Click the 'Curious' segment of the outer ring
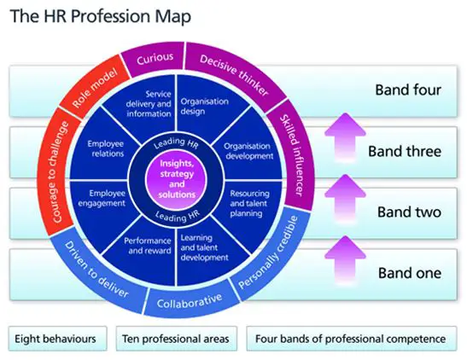(x=155, y=58)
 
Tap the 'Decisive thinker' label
(x=234, y=75)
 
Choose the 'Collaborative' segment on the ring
(x=190, y=300)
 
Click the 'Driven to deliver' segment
(x=96, y=270)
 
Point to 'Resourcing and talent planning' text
(x=249, y=204)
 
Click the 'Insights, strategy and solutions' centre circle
(x=177, y=179)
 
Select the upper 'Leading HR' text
(x=176, y=143)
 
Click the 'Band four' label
(x=408, y=90)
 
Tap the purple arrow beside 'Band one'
(x=345, y=258)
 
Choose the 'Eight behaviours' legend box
(x=57, y=339)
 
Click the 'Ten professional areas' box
(x=177, y=339)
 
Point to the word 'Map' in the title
(x=172, y=16)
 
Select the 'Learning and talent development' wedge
(x=204, y=248)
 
